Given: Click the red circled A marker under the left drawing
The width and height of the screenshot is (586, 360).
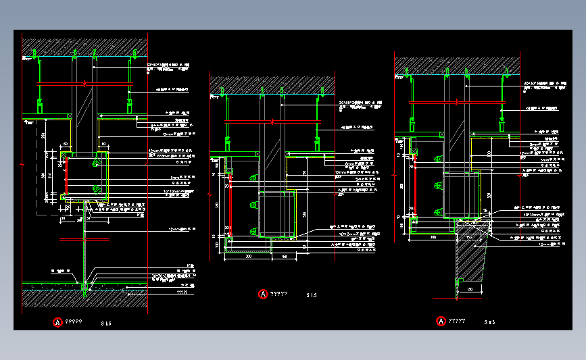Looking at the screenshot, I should click(x=58, y=322).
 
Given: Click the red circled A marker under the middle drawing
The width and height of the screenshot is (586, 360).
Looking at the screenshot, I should click(x=263, y=294).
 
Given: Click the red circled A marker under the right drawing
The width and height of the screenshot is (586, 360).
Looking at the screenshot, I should click(x=442, y=321).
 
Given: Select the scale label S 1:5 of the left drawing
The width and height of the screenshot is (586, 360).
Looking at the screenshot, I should click(x=106, y=324).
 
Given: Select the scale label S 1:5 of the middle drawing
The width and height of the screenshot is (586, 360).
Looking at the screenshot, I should click(x=312, y=295).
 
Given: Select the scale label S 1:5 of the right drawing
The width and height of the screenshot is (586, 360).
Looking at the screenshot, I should click(x=490, y=322).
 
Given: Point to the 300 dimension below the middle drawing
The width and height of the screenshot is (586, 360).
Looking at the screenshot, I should click(x=248, y=257).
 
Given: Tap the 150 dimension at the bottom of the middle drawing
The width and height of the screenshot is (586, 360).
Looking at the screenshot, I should click(x=284, y=257).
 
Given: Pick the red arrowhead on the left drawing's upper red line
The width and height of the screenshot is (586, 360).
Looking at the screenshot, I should click(x=84, y=83).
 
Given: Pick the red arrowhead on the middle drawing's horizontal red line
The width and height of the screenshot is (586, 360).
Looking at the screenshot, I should click(x=272, y=122).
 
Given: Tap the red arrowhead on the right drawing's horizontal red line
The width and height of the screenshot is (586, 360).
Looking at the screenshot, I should click(x=459, y=102).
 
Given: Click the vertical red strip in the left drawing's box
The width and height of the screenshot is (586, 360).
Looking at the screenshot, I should click(x=66, y=177).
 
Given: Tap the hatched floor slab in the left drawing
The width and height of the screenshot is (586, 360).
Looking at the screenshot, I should click(x=84, y=296).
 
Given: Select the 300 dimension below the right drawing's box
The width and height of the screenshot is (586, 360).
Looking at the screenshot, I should click(x=433, y=237).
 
